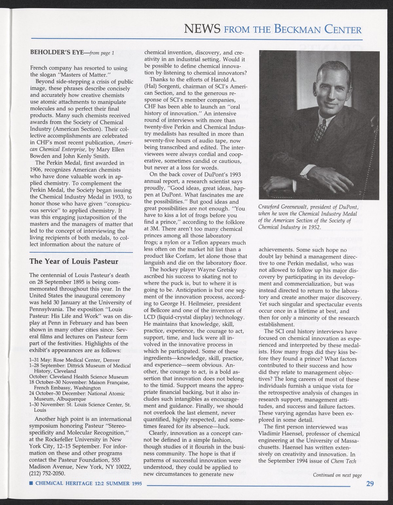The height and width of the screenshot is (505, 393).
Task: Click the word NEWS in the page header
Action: (202, 30)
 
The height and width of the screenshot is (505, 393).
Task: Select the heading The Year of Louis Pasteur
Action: (74, 262)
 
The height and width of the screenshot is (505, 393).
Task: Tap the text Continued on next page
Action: (337, 475)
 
